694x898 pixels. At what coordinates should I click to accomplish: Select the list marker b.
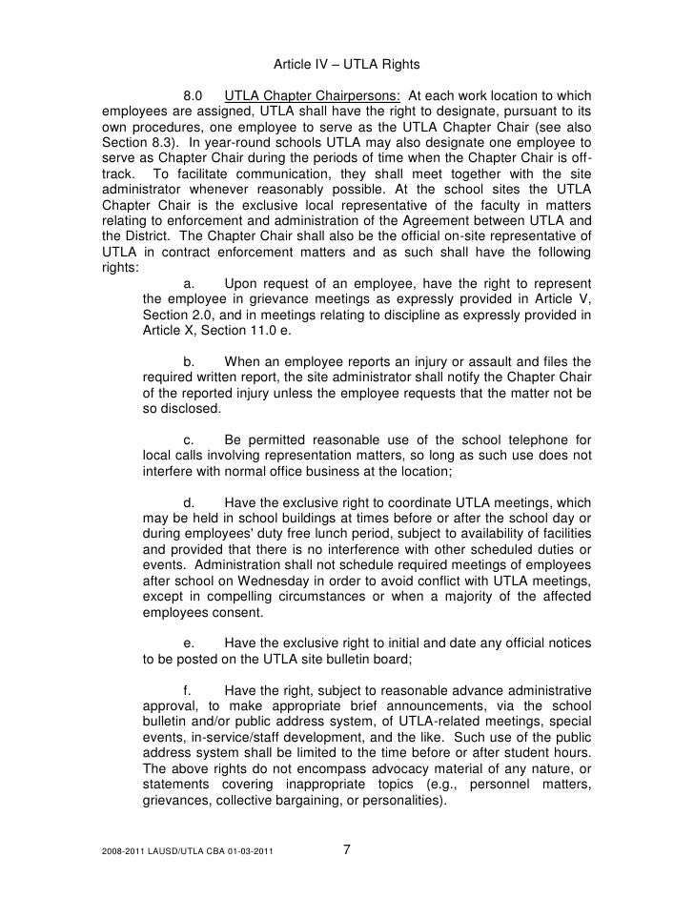pyautogui.click(x=189, y=361)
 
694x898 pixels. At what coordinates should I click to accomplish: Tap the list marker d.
pyautogui.click(x=189, y=502)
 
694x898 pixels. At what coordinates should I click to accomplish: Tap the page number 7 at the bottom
pyautogui.click(x=347, y=851)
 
